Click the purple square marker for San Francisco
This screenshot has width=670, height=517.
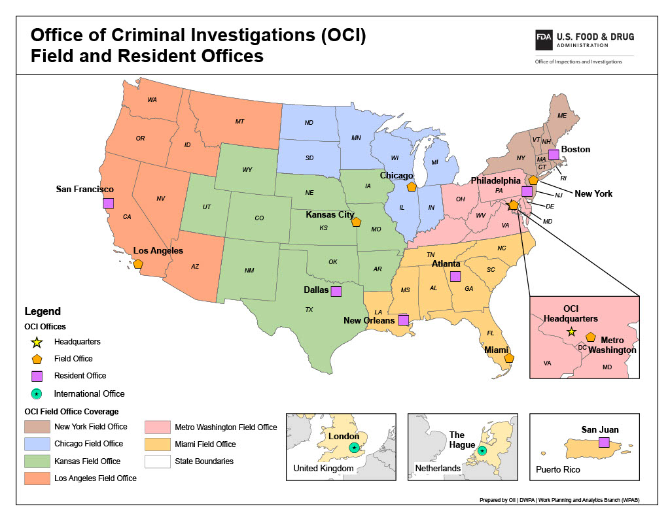108,203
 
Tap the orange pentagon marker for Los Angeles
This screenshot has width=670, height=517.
138,263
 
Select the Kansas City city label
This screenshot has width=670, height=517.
330,214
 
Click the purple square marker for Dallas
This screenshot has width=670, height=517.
336,291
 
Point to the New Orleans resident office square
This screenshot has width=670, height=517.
404,320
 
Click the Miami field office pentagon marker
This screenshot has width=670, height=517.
509,358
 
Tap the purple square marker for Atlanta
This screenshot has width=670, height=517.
455,276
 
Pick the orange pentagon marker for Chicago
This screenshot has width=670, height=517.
412,186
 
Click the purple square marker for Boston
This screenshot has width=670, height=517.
554,154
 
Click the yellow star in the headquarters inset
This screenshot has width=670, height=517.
571,331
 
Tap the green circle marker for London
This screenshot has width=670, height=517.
354,447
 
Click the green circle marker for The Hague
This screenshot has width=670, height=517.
482,450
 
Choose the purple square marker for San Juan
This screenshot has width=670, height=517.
604,442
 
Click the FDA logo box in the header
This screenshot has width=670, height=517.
544,38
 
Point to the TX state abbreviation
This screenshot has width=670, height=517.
309,309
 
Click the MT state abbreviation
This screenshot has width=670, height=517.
239,122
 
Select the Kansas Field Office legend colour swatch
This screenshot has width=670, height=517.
37,461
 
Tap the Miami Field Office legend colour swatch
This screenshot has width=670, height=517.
157,444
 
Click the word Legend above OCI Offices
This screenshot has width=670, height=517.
43,312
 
